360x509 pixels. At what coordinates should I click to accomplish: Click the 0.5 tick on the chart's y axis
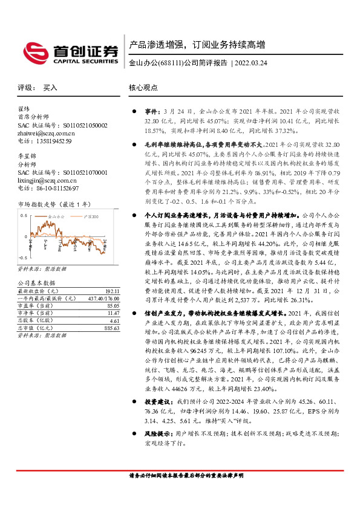click(x=24, y=215)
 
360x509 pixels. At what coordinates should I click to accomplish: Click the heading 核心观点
click(x=143, y=87)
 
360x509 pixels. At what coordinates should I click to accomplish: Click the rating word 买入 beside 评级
click(x=50, y=87)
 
